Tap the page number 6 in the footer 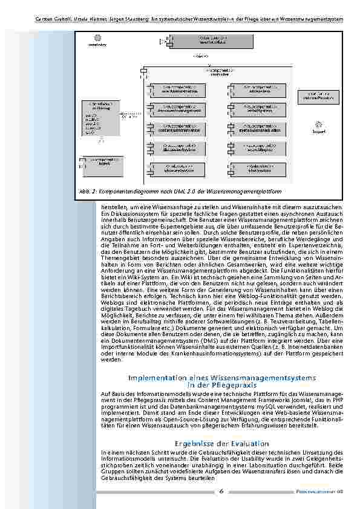pyautogui.click(x=222, y=491)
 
